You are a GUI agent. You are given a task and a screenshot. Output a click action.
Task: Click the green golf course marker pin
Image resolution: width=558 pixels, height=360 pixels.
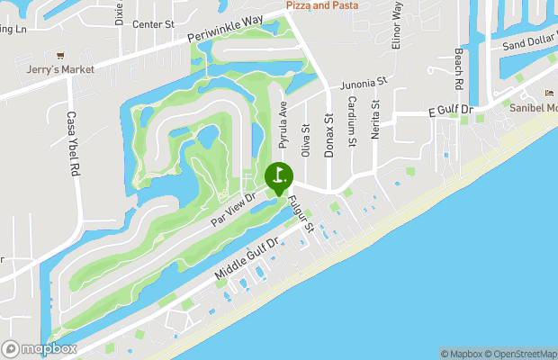(x=279, y=175)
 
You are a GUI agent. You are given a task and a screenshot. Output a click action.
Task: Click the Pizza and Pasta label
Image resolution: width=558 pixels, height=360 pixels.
(x=322, y=5)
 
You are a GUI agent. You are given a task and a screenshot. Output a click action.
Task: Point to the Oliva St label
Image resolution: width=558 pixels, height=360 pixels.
(x=306, y=141)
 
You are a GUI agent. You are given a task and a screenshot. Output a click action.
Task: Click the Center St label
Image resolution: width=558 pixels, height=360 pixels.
(x=153, y=24)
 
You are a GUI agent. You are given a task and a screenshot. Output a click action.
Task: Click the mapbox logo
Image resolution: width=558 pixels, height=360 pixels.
(x=40, y=348)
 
